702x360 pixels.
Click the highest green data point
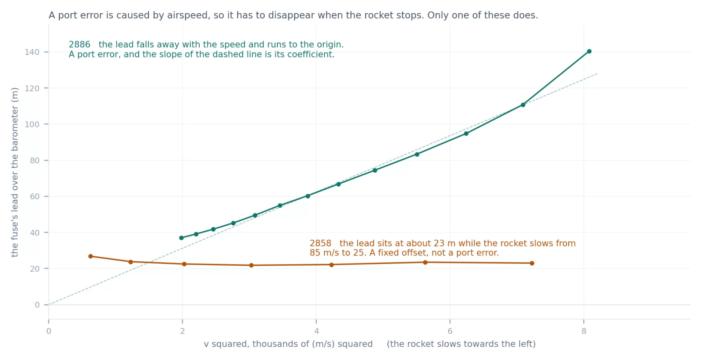[589, 51]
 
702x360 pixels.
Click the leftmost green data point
[181, 238]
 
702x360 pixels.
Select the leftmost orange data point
[91, 256]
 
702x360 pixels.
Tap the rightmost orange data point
[532, 263]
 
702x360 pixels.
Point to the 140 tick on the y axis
[32, 52]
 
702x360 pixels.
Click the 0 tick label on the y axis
[37, 305]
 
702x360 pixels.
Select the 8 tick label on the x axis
[584, 331]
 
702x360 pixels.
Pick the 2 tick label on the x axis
[183, 331]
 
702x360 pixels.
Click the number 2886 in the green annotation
[79, 45]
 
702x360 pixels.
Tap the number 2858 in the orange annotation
[320, 243]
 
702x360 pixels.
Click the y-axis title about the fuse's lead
[14, 172]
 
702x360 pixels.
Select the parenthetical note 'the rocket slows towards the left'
[461, 344]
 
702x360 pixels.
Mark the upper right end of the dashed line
[597, 74]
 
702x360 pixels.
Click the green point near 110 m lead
[523, 105]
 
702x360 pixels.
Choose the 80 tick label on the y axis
[34, 160]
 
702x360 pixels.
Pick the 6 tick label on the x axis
[450, 331]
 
